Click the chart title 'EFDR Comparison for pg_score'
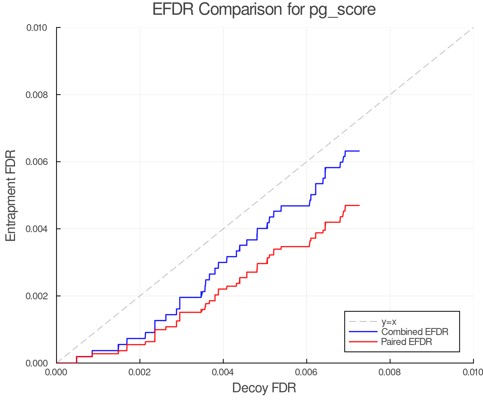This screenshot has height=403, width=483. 264,10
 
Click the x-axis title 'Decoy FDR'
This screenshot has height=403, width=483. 264,388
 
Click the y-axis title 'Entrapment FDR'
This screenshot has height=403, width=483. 11,196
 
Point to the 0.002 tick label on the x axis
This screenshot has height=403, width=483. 140,372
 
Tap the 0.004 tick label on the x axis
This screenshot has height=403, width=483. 223,372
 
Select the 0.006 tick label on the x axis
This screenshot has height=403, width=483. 306,372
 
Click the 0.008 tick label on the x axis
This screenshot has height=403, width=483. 390,372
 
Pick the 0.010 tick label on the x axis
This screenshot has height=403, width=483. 473,372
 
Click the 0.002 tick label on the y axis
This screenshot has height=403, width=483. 36,296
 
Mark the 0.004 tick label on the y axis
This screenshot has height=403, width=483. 36,229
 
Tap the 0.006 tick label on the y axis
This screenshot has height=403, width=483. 36,162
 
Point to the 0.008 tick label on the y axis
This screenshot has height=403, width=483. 36,95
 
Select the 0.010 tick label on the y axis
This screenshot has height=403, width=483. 36,27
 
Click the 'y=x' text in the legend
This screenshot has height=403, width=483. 389,322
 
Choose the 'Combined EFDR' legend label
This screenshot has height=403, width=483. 415,332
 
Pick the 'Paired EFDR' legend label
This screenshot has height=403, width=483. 407,342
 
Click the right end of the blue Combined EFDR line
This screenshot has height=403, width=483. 359,151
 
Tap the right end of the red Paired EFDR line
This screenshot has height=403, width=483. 359,206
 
